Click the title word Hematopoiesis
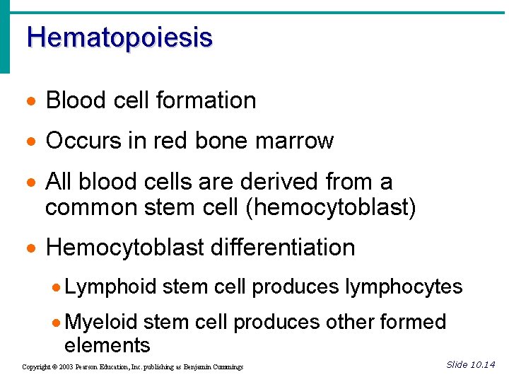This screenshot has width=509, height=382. coord(119,37)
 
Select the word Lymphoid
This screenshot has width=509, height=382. coord(110,287)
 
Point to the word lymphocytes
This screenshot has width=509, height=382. coord(404,287)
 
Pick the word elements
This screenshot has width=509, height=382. coord(107,345)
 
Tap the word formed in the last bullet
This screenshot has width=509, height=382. coord(414,323)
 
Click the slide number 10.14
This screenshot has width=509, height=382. coord(483,365)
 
